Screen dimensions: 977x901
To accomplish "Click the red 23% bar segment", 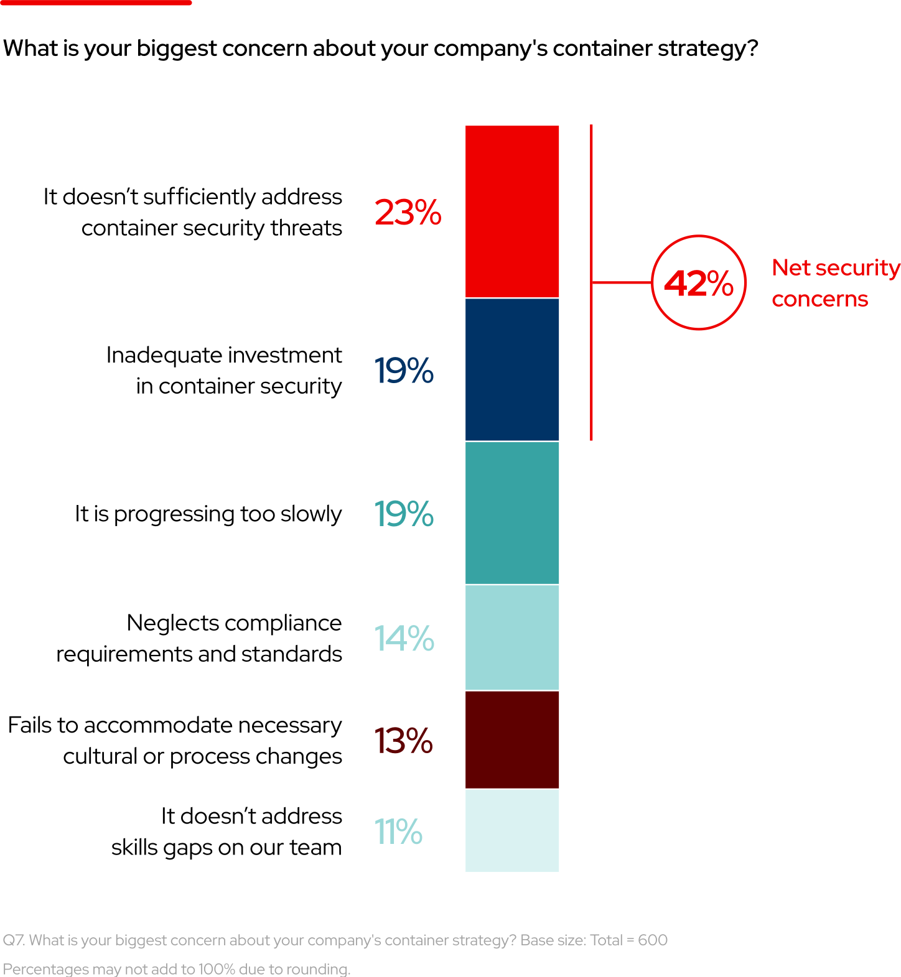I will tap(511, 211).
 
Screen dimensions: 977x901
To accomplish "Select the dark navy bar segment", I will tap(511, 369).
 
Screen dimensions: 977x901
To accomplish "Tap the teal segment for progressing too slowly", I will tap(511, 512).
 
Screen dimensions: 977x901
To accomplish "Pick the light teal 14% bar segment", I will tap(511, 637).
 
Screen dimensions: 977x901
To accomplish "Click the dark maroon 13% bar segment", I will tap(511, 739).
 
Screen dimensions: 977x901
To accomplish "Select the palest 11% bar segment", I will tap(511, 830).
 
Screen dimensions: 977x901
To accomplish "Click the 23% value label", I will tap(408, 213).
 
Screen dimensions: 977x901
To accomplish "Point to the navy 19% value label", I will tap(403, 371).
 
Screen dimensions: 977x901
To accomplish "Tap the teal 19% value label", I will tap(403, 514).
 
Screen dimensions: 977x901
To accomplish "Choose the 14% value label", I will tap(404, 639).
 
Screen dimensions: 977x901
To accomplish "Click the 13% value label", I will tap(403, 741).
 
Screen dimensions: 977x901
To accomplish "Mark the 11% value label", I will tap(398, 832).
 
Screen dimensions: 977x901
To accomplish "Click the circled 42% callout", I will tap(698, 282).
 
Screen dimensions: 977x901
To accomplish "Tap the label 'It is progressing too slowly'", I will tap(208, 514).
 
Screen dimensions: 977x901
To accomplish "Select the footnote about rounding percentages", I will tap(177, 969).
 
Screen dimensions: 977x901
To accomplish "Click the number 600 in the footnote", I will tap(653, 940).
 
